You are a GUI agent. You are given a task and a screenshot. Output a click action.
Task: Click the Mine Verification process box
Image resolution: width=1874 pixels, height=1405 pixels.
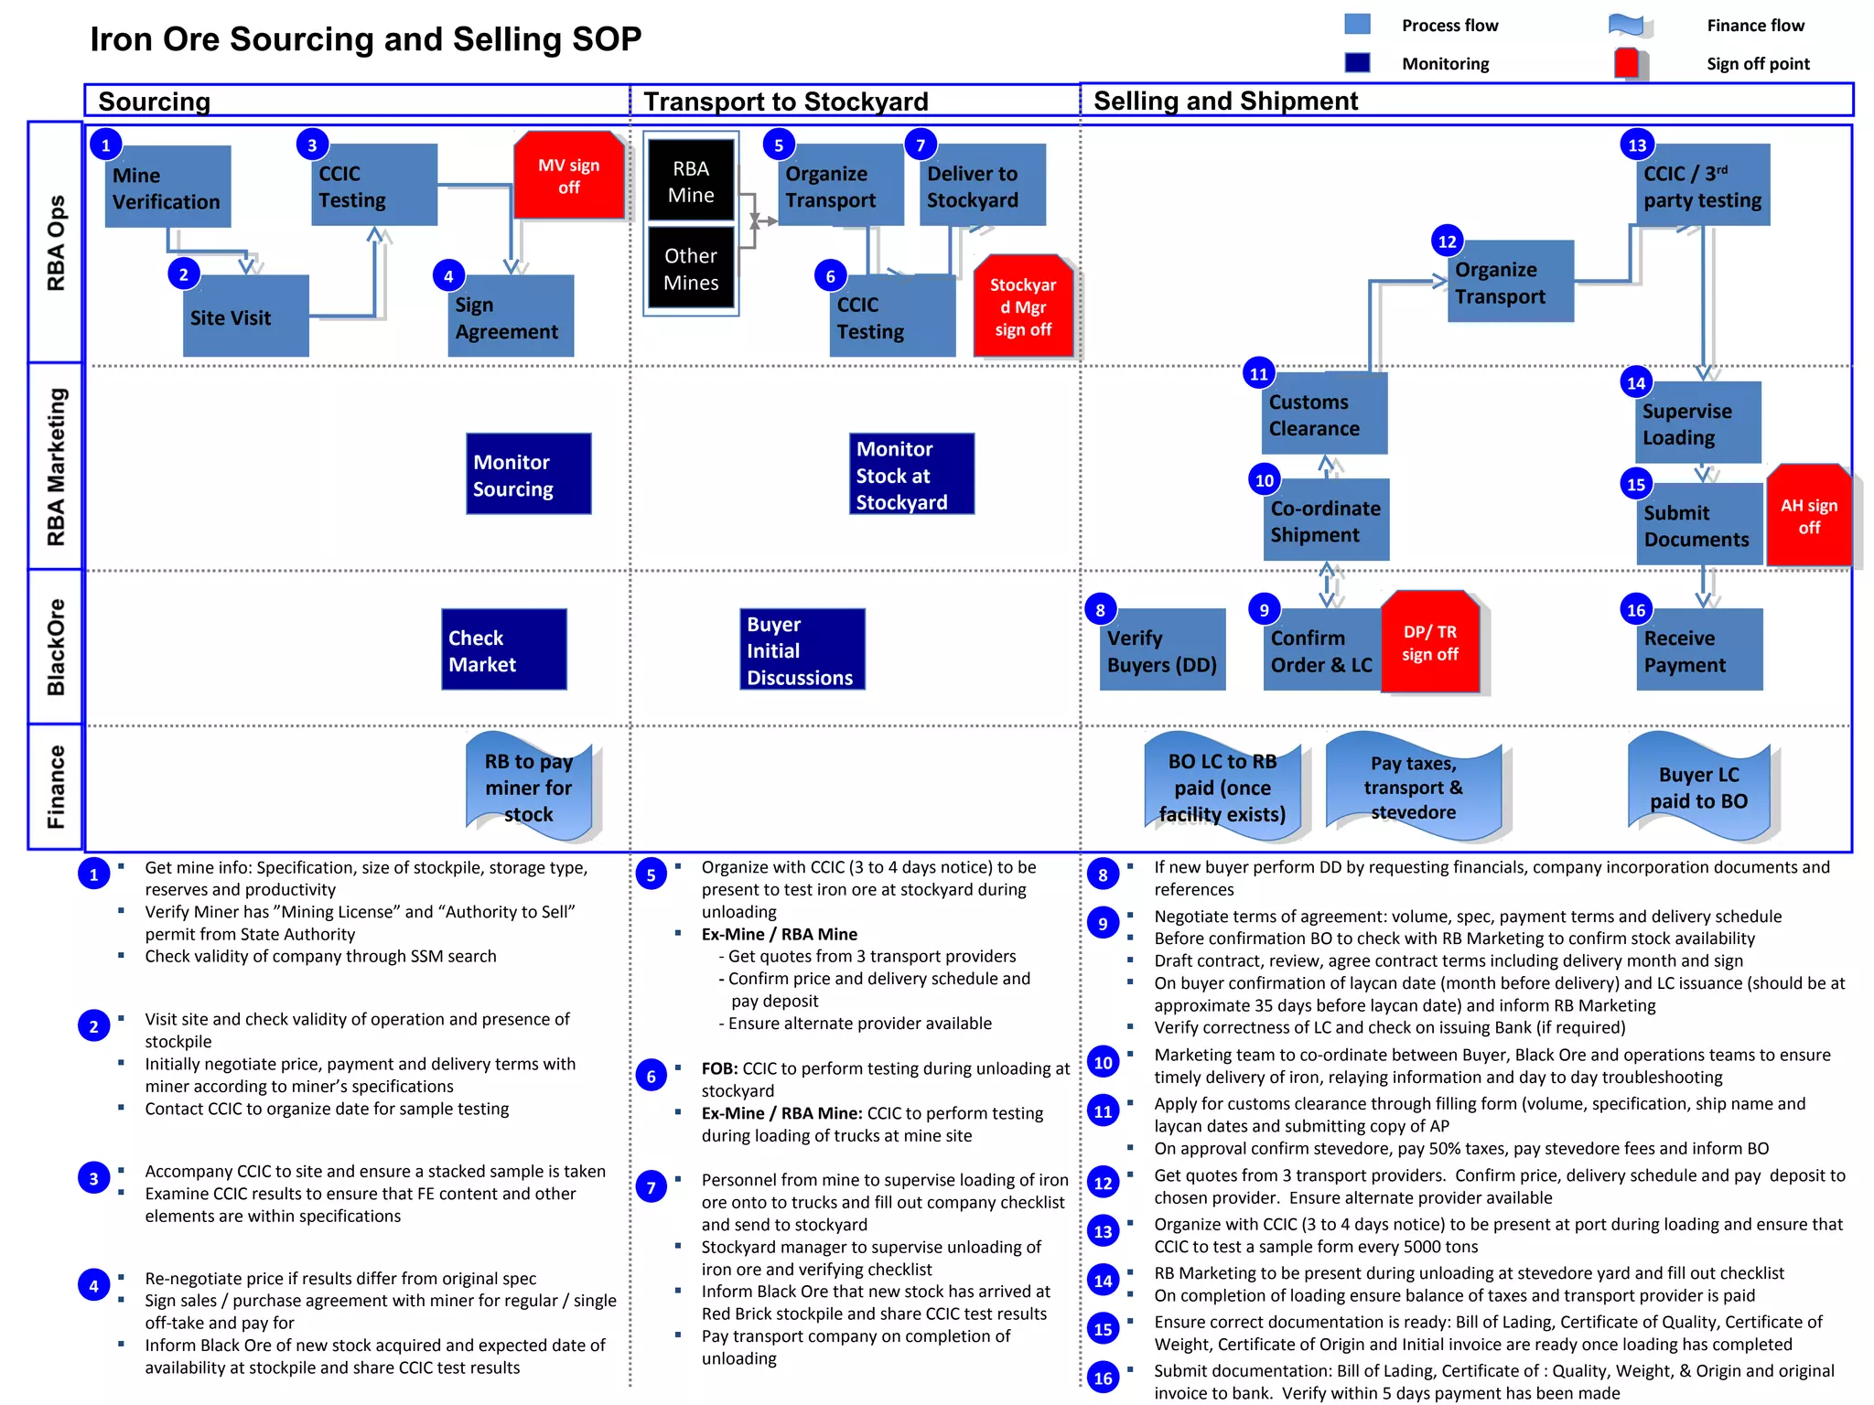pyautogui.click(x=167, y=188)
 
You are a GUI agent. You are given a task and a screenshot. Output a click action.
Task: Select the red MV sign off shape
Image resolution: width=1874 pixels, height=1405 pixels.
pyautogui.click(x=568, y=177)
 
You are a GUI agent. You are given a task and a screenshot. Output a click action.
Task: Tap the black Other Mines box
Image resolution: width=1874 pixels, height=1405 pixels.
pyautogui.click(x=691, y=269)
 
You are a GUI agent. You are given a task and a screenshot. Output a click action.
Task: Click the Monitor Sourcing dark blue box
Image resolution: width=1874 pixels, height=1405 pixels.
pyautogui.click(x=528, y=474)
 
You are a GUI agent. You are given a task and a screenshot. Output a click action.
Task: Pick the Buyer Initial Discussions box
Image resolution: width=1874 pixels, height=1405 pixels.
pyautogui.click(x=802, y=649)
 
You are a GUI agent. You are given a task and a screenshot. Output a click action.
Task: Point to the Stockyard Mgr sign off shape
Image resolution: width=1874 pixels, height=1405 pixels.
pyautogui.click(x=1022, y=306)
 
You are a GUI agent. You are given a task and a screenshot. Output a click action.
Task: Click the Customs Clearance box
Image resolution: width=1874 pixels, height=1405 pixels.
pyautogui.click(x=1323, y=413)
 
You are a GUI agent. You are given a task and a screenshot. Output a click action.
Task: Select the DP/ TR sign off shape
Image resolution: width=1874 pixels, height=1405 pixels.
pyautogui.click(x=1429, y=642)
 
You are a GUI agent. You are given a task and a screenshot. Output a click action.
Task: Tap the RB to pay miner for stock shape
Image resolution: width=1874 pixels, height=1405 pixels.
pyautogui.click(x=529, y=787)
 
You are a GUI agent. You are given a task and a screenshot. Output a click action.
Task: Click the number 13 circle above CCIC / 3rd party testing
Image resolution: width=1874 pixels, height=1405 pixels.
pyautogui.click(x=1636, y=145)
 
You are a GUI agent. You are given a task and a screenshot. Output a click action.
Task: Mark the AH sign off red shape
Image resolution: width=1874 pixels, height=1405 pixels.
pyautogui.click(x=1808, y=516)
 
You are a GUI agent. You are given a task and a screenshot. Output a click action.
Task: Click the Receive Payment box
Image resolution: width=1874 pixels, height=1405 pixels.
pyautogui.click(x=1698, y=650)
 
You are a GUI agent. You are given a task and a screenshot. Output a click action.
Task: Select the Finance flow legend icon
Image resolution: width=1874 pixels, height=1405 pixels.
pyautogui.click(x=1628, y=26)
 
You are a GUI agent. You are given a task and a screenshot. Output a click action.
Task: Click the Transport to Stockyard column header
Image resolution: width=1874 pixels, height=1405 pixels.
pyautogui.click(x=785, y=101)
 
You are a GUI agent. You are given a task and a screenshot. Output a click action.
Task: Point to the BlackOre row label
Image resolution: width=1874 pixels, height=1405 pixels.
pyautogui.click(x=56, y=647)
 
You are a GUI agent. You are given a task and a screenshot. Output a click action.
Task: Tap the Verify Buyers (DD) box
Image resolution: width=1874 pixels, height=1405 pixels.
pyautogui.click(x=1161, y=650)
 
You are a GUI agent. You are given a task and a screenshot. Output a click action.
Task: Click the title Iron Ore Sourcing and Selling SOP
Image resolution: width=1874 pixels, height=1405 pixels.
pyautogui.click(x=365, y=39)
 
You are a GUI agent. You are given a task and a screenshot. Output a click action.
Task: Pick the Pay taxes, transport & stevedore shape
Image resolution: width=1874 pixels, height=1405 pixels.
pyautogui.click(x=1413, y=787)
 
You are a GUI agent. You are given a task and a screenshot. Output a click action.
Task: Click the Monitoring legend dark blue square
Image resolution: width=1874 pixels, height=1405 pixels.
pyautogui.click(x=1357, y=62)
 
